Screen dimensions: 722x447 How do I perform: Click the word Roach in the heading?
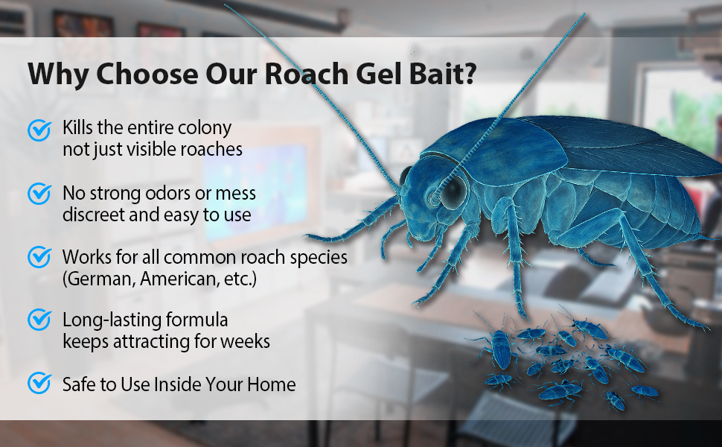tap(306, 74)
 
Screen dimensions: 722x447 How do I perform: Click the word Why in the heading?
tap(57, 74)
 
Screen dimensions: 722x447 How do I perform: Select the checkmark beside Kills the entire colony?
tap(39, 130)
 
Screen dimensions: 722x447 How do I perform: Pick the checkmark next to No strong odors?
tap(39, 194)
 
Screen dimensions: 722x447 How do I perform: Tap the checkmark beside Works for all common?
tap(39, 257)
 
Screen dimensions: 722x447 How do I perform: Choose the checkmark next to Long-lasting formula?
tap(39, 320)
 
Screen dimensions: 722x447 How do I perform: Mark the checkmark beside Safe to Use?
tap(39, 383)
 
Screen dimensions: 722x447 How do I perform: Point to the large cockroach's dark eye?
tap(453, 191)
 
